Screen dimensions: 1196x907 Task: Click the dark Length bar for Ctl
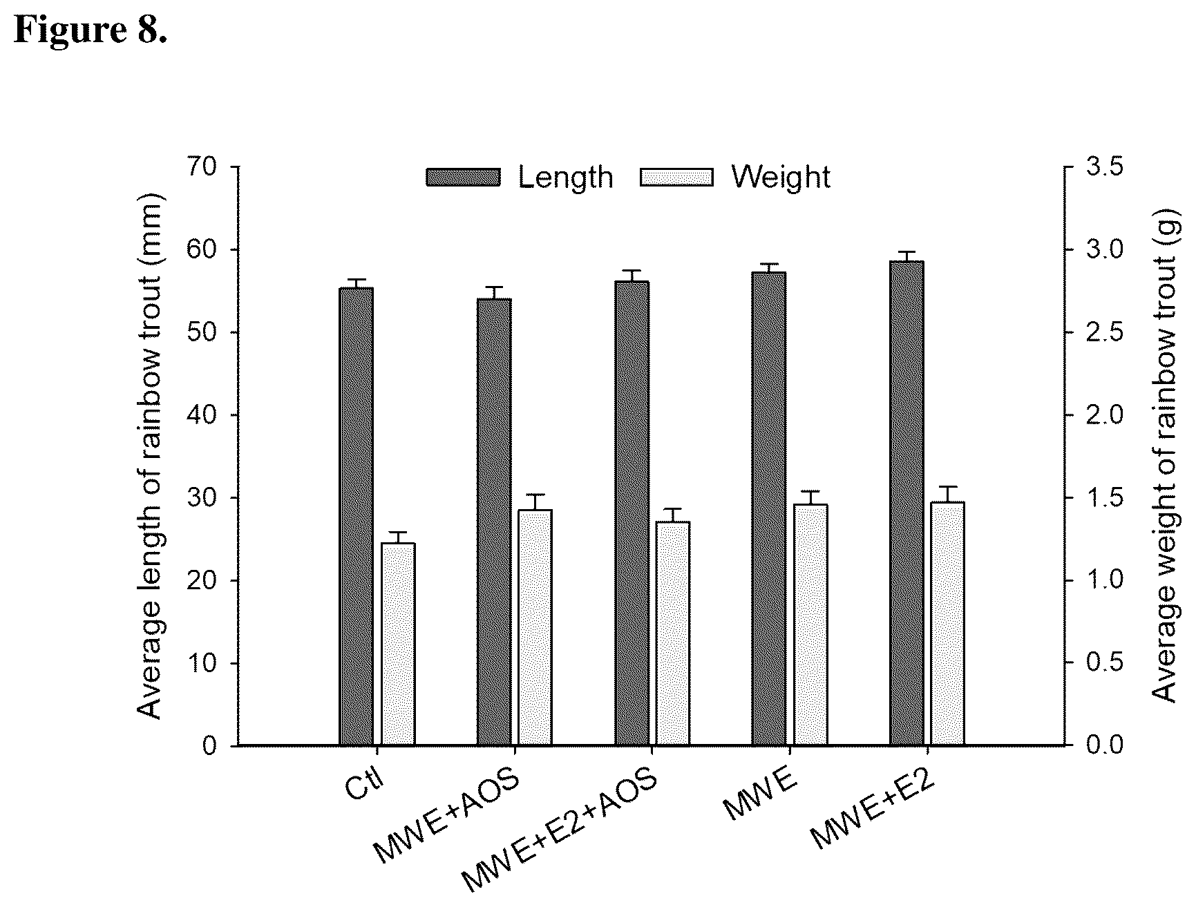(357, 517)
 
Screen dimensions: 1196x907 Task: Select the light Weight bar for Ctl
(398, 645)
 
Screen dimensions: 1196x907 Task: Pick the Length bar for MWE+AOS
(494, 522)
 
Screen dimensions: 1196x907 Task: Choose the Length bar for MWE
(769, 509)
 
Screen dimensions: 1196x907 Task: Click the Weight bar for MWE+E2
(948, 624)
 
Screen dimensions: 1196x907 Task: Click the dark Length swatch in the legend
(463, 178)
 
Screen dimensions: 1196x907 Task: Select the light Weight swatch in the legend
(676, 178)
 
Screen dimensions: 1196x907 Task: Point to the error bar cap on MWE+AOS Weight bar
(535, 495)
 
